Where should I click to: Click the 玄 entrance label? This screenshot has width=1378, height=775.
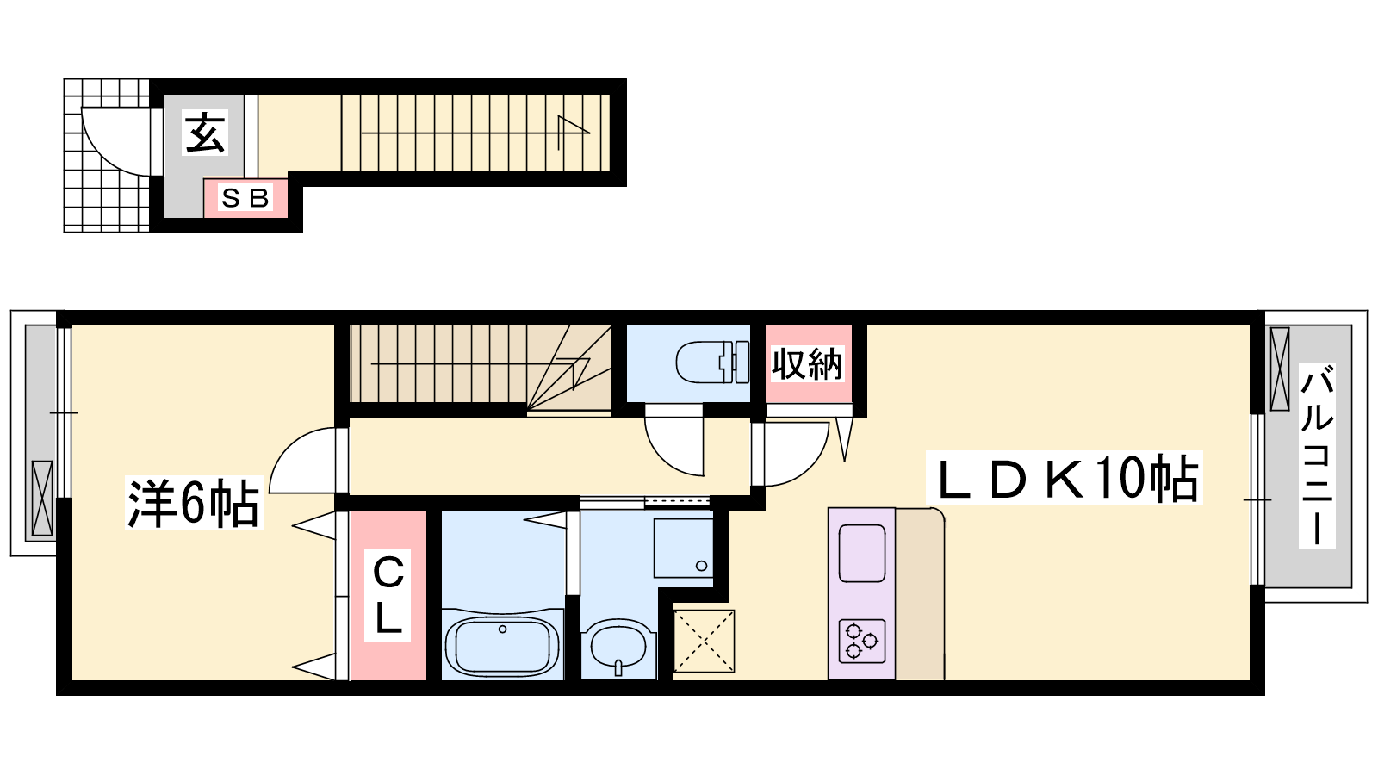[x=206, y=133]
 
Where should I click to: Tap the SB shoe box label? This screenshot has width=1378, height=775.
[x=245, y=198]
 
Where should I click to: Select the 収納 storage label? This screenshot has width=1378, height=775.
[x=806, y=363]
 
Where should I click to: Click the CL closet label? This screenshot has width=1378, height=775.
[x=388, y=594]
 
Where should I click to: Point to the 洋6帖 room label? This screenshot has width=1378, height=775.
[x=193, y=503]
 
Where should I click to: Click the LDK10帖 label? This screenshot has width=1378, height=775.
[x=1065, y=478]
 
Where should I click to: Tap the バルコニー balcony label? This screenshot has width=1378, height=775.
[x=1316, y=456]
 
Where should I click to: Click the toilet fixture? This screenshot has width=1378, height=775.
[x=712, y=363]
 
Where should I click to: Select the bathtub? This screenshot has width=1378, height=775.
[x=502, y=645]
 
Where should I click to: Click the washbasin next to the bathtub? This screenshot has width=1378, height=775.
[x=618, y=649]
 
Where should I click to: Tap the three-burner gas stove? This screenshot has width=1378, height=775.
[x=861, y=641]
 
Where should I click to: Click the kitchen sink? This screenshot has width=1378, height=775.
[x=861, y=553]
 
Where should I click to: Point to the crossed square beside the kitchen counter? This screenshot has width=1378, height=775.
[x=704, y=641]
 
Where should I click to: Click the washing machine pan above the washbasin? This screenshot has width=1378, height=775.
[x=683, y=548]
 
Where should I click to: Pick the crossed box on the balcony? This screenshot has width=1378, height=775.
[x=1280, y=369]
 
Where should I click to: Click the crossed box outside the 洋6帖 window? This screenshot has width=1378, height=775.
[x=42, y=498]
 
